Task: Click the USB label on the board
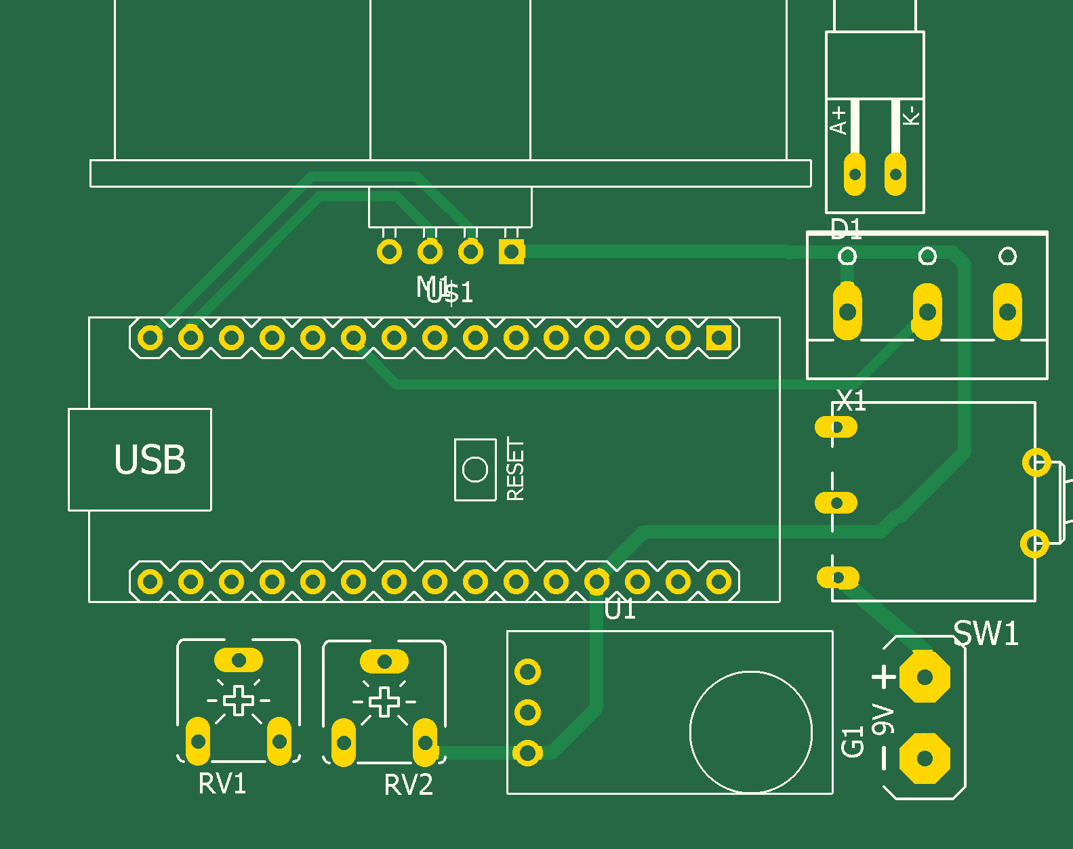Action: [x=150, y=460]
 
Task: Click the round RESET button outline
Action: [x=474, y=469]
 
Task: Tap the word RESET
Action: [x=516, y=470]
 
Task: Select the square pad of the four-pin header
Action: [x=511, y=252]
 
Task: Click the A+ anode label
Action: [x=838, y=120]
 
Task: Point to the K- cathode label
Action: [x=912, y=115]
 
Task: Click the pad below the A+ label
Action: [x=855, y=174]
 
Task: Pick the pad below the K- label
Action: [x=895, y=174]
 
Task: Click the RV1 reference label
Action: [x=222, y=784]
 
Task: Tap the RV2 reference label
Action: [x=408, y=785]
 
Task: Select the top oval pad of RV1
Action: [x=239, y=660]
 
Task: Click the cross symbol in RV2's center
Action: [x=384, y=701]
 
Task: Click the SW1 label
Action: [x=986, y=634]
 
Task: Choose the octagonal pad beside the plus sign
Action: [x=925, y=676]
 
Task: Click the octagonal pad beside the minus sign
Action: [x=925, y=758]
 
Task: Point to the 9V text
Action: [x=883, y=720]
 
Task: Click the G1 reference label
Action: [x=853, y=741]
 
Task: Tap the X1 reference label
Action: [x=851, y=401]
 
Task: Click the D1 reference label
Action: [x=846, y=230]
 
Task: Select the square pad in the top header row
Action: [x=718, y=337]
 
